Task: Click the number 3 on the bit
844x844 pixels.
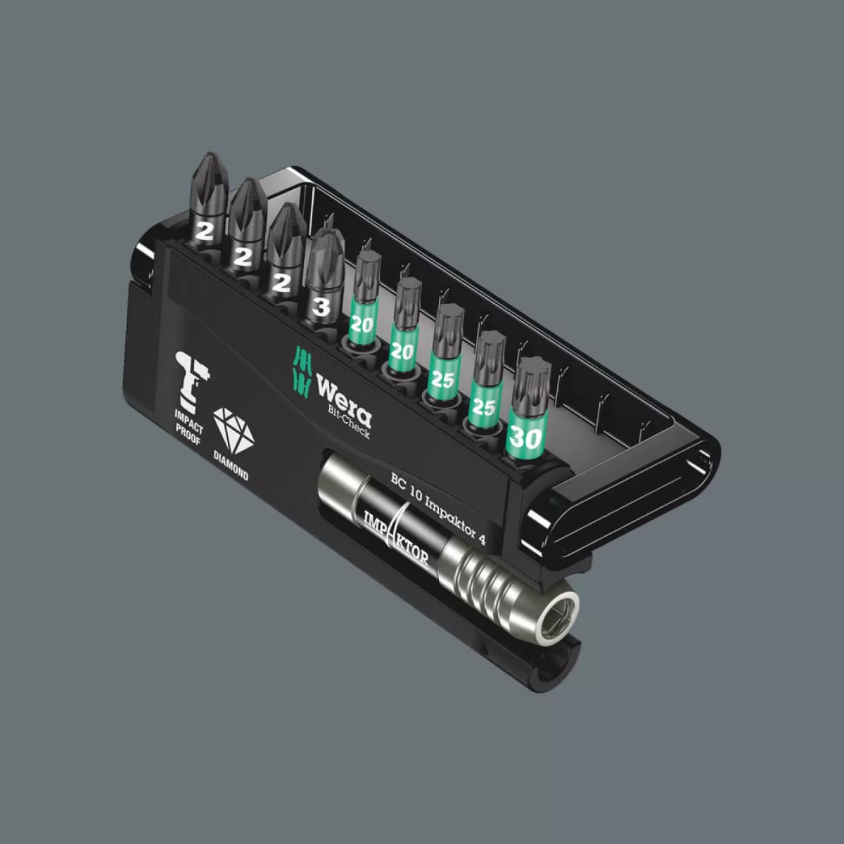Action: (x=321, y=307)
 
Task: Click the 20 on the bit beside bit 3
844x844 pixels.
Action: (x=362, y=324)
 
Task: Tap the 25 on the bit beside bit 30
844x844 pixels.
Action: (x=484, y=407)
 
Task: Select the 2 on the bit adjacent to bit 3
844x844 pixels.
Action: (x=281, y=283)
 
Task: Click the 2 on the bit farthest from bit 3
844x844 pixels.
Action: (x=204, y=232)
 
